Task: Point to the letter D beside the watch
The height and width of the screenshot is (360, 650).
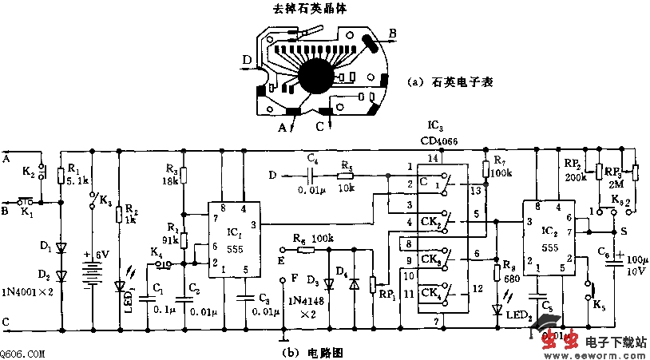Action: pos(248,60)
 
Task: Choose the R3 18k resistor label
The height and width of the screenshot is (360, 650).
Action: pos(171,173)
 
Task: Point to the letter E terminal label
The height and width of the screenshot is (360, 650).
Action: pos(281,260)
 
